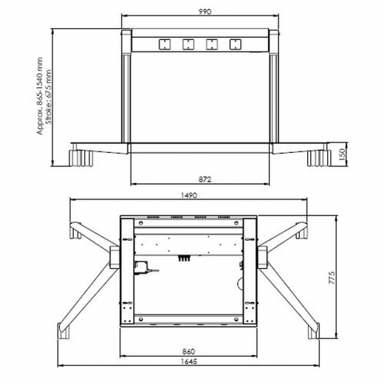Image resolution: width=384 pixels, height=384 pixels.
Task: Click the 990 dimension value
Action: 205,12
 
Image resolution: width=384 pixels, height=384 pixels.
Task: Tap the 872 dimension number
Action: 205,179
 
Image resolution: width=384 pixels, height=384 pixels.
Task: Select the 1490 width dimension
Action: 189,196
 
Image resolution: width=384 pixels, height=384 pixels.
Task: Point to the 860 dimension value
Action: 188,352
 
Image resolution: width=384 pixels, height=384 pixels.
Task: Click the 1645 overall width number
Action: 189,362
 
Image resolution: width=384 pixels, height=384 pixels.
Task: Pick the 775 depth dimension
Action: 332,278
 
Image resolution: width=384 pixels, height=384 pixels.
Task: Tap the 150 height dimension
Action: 342,154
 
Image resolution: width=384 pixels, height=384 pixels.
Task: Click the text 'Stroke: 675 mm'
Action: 49,97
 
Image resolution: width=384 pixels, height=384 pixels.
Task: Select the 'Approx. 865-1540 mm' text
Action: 40,96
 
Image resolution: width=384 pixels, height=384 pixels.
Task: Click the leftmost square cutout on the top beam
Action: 165,44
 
